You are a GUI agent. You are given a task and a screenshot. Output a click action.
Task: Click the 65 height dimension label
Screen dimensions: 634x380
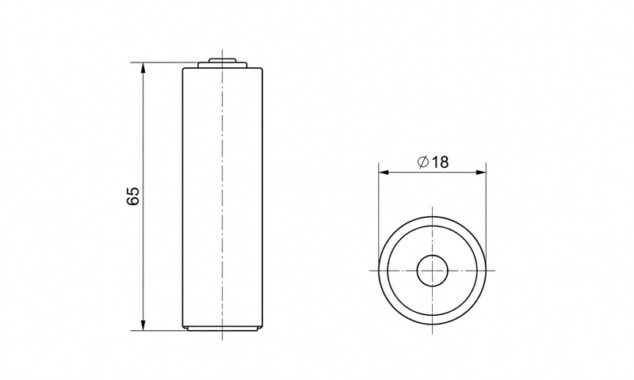[x=133, y=196]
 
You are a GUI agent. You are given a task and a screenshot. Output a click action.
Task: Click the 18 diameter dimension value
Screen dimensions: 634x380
[x=441, y=162]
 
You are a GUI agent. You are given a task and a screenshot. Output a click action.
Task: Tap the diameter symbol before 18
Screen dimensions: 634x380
[x=423, y=162]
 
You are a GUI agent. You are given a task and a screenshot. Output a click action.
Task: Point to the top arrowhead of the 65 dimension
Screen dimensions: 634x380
[x=143, y=68]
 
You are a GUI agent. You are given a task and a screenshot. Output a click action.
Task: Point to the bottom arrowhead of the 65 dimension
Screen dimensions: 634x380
[x=143, y=325]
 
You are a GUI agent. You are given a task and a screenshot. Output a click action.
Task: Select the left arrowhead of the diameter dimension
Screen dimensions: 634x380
[x=384, y=173]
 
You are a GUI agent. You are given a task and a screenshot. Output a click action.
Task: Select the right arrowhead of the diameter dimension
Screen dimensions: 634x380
[x=481, y=173]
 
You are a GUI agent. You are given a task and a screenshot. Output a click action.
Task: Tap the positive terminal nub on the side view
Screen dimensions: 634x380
[x=222, y=61]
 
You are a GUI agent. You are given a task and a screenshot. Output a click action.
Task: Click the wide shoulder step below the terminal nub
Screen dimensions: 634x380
[x=223, y=65]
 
